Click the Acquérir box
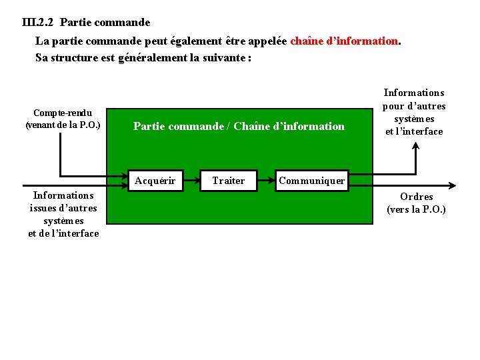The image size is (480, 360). [x=155, y=180]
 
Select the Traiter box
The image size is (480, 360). [x=228, y=180]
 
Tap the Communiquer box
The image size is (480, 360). [x=311, y=180]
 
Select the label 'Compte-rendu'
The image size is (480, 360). [x=63, y=113]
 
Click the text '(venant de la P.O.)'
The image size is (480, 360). [x=63, y=125]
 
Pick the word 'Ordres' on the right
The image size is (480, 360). [x=417, y=197]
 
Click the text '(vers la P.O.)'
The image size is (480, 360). [x=417, y=209]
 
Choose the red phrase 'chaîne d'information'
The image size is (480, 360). [x=344, y=41]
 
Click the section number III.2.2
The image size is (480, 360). [x=37, y=22]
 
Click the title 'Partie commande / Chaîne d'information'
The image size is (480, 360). [x=239, y=126]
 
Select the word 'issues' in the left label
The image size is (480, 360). [x=45, y=208]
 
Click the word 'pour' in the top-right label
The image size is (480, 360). [x=395, y=105]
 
